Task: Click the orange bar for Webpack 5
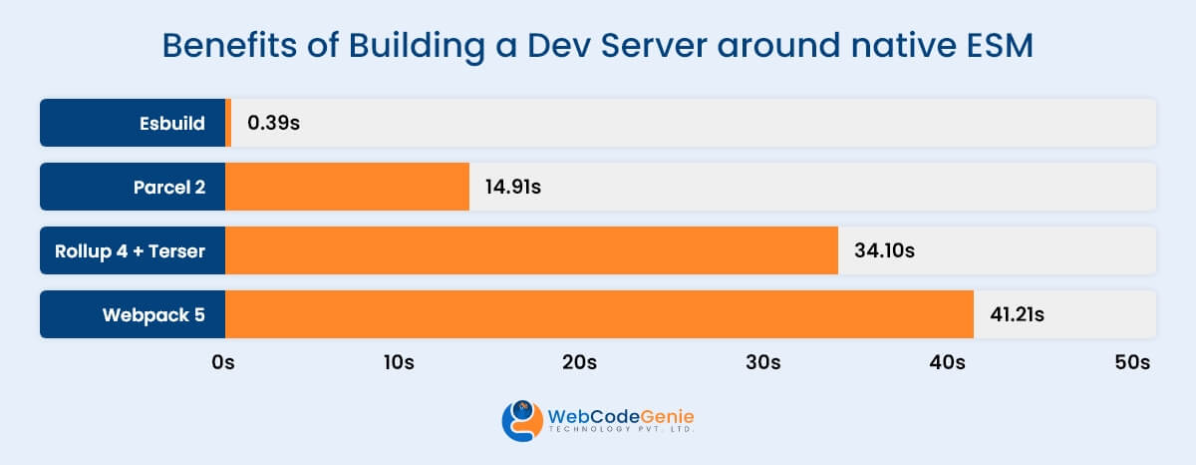pyautogui.click(x=599, y=314)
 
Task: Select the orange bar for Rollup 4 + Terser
pyautogui.click(x=531, y=250)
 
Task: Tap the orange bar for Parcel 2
pyautogui.click(x=347, y=187)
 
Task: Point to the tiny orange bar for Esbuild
pyautogui.click(x=228, y=123)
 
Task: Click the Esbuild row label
pyautogui.click(x=172, y=124)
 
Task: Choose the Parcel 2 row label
pyautogui.click(x=168, y=188)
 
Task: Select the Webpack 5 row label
pyautogui.click(x=153, y=315)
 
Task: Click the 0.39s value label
pyautogui.click(x=274, y=124)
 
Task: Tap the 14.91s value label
pyautogui.click(x=513, y=188)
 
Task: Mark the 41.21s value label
pyautogui.click(x=1017, y=315)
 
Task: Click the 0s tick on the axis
pyautogui.click(x=223, y=362)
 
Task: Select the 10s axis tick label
pyautogui.click(x=397, y=362)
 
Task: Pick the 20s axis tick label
pyautogui.click(x=579, y=362)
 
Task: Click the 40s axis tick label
pyautogui.click(x=947, y=362)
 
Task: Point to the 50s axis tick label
pyautogui.click(x=1132, y=362)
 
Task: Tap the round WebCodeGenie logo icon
pyautogui.click(x=521, y=420)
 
